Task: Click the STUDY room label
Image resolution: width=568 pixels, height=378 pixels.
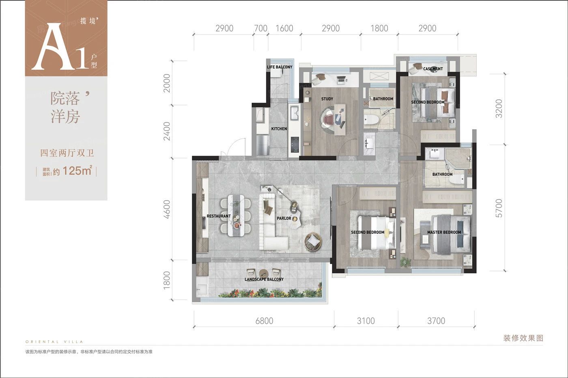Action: [x=327, y=99]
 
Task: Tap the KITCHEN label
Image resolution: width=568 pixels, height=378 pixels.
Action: [x=279, y=128]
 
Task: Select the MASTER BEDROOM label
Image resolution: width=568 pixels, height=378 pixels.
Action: [x=444, y=232]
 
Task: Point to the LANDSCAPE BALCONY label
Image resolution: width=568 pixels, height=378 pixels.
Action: [x=264, y=279]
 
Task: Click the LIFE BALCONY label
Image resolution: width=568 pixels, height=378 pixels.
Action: [x=280, y=67]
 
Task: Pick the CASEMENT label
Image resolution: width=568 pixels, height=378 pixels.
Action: [x=433, y=68]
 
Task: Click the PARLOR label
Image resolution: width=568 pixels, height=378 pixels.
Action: [x=284, y=218]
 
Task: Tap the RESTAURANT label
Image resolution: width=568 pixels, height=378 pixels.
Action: [x=219, y=216]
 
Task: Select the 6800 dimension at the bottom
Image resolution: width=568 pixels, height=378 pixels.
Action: [x=264, y=321]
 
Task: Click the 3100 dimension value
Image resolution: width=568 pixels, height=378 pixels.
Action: [x=366, y=321]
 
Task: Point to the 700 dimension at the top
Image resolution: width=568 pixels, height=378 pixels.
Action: [x=260, y=28]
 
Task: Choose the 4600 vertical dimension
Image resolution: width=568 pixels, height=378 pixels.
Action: [x=167, y=209]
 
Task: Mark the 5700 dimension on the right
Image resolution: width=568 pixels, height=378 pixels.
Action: [x=499, y=208]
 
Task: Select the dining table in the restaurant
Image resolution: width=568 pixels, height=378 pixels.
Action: [x=236, y=216]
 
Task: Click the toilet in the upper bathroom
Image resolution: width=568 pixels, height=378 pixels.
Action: [x=371, y=119]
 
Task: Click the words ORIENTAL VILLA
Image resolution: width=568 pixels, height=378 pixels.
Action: [x=54, y=342]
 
